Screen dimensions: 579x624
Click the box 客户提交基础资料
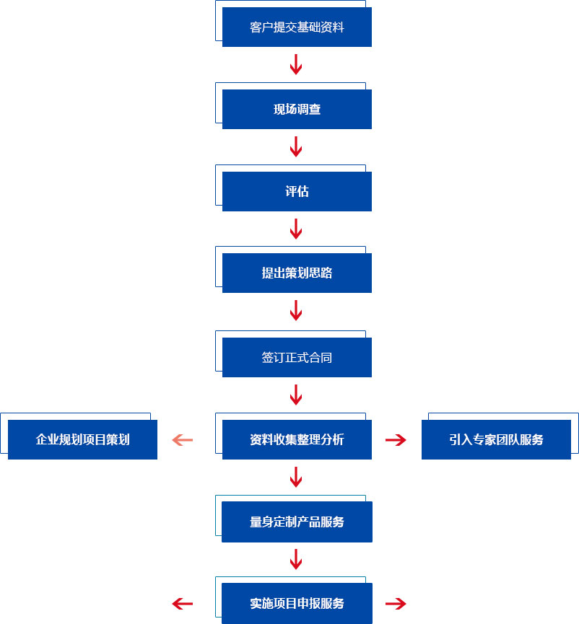tap(297, 27)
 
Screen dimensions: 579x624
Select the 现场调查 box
tap(297, 109)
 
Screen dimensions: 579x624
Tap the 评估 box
tap(297, 191)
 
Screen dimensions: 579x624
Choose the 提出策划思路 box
tap(297, 273)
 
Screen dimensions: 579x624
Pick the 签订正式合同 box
tap(297, 357)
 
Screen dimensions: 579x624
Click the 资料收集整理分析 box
tap(297, 440)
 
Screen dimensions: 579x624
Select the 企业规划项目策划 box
tap(82, 440)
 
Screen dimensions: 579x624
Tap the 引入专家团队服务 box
tap(496, 440)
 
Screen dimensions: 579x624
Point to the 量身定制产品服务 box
tap(297, 522)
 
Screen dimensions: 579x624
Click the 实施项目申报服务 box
tap(297, 603)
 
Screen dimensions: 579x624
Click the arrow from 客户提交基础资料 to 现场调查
tap(296, 64)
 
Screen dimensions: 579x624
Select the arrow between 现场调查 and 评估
tap(296, 146)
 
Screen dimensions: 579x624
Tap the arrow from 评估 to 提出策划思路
tap(296, 229)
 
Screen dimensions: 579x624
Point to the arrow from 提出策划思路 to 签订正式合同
tap(296, 310)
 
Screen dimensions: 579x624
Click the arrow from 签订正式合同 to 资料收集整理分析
tap(296, 395)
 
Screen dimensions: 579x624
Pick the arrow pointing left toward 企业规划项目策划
tap(183, 440)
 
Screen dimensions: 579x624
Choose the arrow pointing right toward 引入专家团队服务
tap(396, 440)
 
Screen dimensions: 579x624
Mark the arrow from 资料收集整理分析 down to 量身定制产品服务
tap(296, 477)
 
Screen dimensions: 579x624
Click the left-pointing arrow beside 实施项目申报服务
tap(183, 604)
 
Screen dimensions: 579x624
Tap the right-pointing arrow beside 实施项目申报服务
tap(396, 604)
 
